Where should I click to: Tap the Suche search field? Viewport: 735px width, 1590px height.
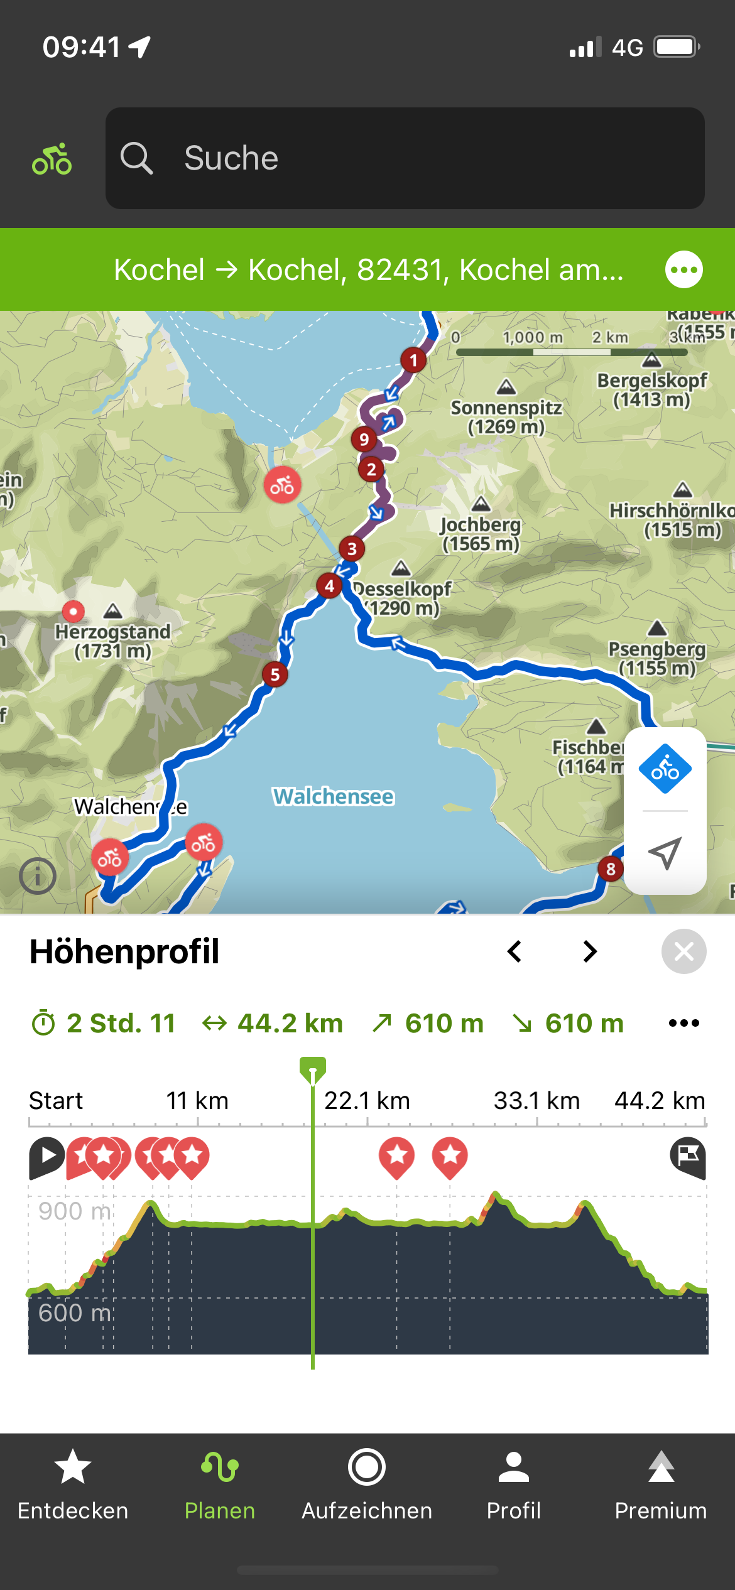405,158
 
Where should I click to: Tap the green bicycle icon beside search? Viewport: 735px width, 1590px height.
52,159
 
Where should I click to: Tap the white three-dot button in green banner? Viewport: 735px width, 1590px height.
683,269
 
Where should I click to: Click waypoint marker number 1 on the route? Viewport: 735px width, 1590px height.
413,360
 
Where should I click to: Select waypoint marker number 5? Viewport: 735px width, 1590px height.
275,674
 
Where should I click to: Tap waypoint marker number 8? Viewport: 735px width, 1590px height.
611,869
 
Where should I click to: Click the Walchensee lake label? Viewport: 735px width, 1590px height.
333,796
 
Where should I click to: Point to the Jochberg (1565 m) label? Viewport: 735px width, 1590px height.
481,534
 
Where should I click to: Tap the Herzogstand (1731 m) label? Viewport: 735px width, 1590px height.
112,641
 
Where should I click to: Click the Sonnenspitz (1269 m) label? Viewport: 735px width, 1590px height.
506,416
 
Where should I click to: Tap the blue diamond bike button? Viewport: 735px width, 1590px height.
665,769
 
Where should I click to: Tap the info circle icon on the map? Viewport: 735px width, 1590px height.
38,876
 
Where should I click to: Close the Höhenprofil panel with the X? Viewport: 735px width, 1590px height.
683,951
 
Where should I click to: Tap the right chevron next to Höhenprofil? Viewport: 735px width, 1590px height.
589,951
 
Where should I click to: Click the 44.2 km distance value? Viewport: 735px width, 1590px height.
290,1024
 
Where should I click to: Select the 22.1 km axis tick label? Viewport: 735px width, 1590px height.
367,1101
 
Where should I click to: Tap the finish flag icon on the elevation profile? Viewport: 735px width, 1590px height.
688,1157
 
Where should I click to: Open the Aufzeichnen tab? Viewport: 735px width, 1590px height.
367,1485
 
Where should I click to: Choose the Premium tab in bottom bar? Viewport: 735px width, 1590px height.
661,1485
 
